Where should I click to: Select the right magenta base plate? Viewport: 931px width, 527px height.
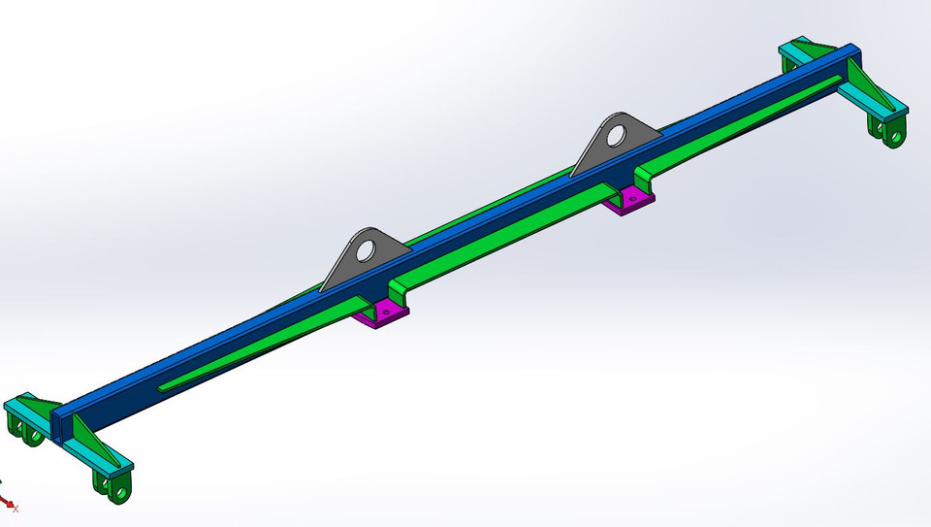[629, 201]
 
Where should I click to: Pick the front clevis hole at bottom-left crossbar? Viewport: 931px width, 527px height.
[119, 492]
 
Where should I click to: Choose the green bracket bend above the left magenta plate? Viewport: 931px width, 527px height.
[398, 289]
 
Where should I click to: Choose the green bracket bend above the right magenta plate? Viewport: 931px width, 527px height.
[643, 177]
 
